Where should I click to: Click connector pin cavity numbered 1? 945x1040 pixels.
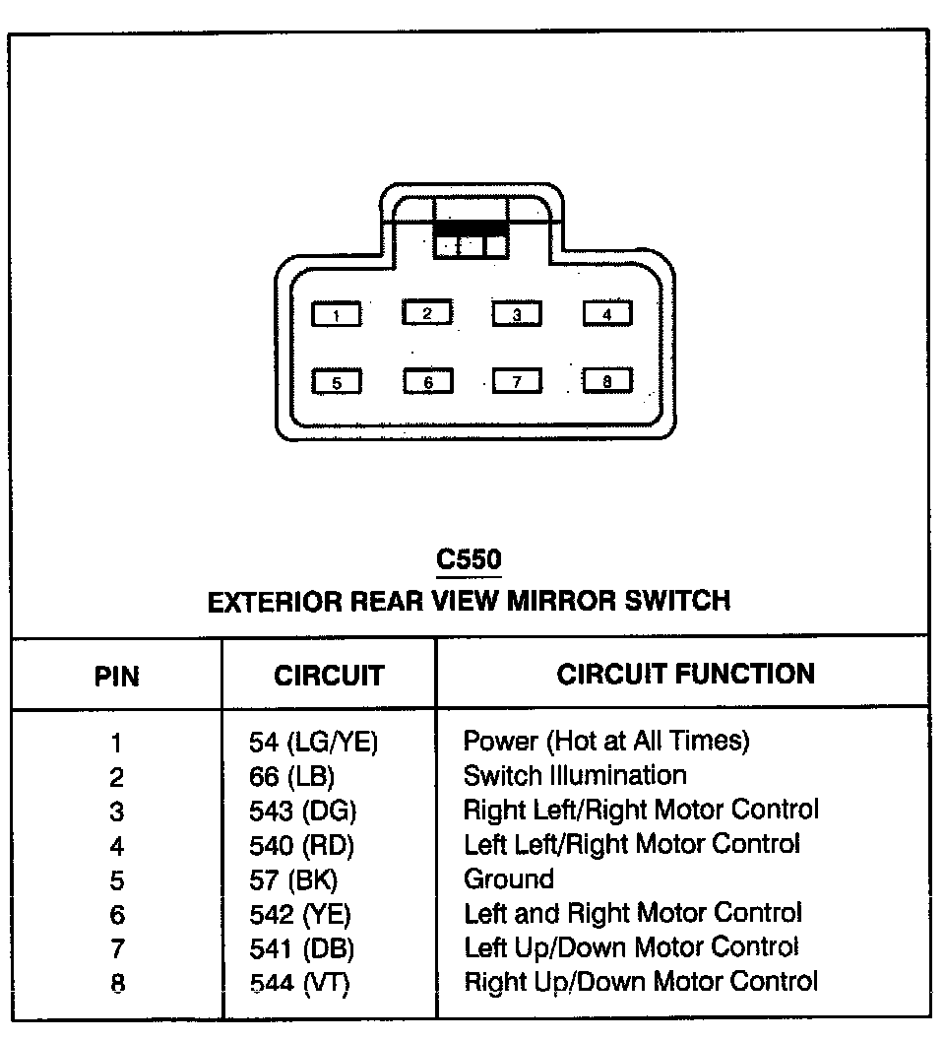[337, 315]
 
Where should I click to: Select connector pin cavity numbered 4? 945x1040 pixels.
[607, 314]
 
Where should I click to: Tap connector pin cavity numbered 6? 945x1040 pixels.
[428, 382]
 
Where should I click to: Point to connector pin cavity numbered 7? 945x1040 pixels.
[518, 381]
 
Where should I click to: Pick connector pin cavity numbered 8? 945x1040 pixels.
[607, 380]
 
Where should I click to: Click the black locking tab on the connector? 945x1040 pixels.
[471, 227]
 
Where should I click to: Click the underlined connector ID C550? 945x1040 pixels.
[469, 559]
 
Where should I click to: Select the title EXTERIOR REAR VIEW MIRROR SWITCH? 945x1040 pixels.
[469, 600]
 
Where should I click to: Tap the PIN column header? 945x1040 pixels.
[117, 677]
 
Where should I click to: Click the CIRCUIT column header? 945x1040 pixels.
[329, 677]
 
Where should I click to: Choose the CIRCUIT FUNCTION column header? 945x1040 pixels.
[685, 675]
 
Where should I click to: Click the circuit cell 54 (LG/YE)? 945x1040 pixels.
[313, 743]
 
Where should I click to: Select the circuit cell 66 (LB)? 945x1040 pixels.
[291, 777]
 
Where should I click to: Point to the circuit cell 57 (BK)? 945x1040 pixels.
[293, 879]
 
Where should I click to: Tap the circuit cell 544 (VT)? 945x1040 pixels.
[299, 982]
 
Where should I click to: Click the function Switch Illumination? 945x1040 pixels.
[575, 775]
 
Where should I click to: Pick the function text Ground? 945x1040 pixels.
[509, 878]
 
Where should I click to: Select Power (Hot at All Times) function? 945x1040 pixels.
[606, 741]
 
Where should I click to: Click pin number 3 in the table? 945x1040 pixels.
[117, 812]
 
